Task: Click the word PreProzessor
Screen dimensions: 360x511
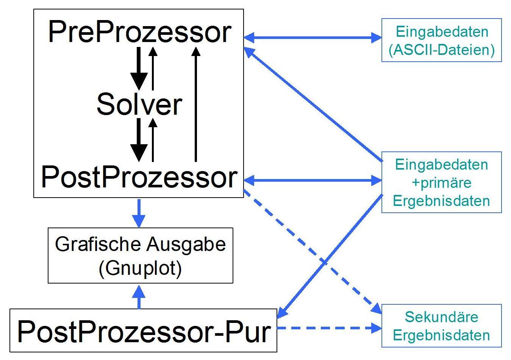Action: click(139, 33)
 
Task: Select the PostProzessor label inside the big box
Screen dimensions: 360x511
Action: click(139, 177)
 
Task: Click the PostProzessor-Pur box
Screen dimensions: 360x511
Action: click(143, 331)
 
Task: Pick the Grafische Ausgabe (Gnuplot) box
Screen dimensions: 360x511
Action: click(140, 256)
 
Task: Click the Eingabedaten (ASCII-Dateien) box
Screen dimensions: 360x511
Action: click(441, 40)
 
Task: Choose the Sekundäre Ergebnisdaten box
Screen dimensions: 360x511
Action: click(441, 326)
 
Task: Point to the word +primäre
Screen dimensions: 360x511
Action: click(441, 183)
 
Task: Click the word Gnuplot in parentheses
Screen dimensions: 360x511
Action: click(140, 268)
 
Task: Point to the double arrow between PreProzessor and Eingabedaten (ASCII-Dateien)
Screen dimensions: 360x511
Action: click(313, 37)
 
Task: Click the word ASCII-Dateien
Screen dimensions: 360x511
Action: click(442, 50)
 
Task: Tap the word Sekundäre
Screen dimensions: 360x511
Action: click(441, 317)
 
